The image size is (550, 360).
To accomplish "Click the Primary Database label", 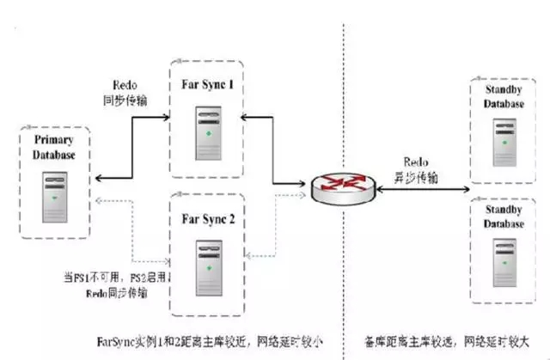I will coord(54,147).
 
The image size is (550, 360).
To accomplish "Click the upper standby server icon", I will coord(503,142).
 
